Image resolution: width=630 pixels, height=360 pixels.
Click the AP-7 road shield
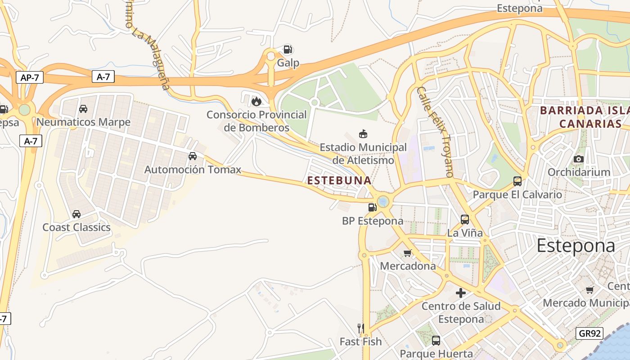pos(30,77)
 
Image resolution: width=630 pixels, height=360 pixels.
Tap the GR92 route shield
pos(589,333)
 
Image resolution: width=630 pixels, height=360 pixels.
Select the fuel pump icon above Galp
pos(288,49)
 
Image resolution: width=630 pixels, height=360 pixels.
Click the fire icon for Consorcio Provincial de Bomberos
pos(256,101)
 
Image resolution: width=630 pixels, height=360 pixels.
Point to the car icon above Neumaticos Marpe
pos(83,109)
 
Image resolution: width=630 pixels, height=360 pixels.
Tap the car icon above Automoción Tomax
pos(193,156)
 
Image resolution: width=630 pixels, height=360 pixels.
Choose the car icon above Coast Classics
pos(76,214)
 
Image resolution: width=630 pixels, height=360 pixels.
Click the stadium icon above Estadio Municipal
pos(363,134)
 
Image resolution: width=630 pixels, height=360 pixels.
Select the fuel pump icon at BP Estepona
pos(372,207)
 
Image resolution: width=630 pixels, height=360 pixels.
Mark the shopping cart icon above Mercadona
pos(408,253)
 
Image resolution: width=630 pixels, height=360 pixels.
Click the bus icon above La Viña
pos(465,220)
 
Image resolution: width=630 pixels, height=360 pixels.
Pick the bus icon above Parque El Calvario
pos(517,181)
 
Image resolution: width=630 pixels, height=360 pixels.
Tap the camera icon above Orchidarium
pos(579,159)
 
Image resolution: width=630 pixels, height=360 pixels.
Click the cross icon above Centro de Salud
pos(461,293)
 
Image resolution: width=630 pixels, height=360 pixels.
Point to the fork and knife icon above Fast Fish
pos(360,328)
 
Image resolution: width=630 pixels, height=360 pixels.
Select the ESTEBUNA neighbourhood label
pos(339,180)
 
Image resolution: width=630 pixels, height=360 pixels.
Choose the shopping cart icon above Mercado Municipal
pos(589,290)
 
